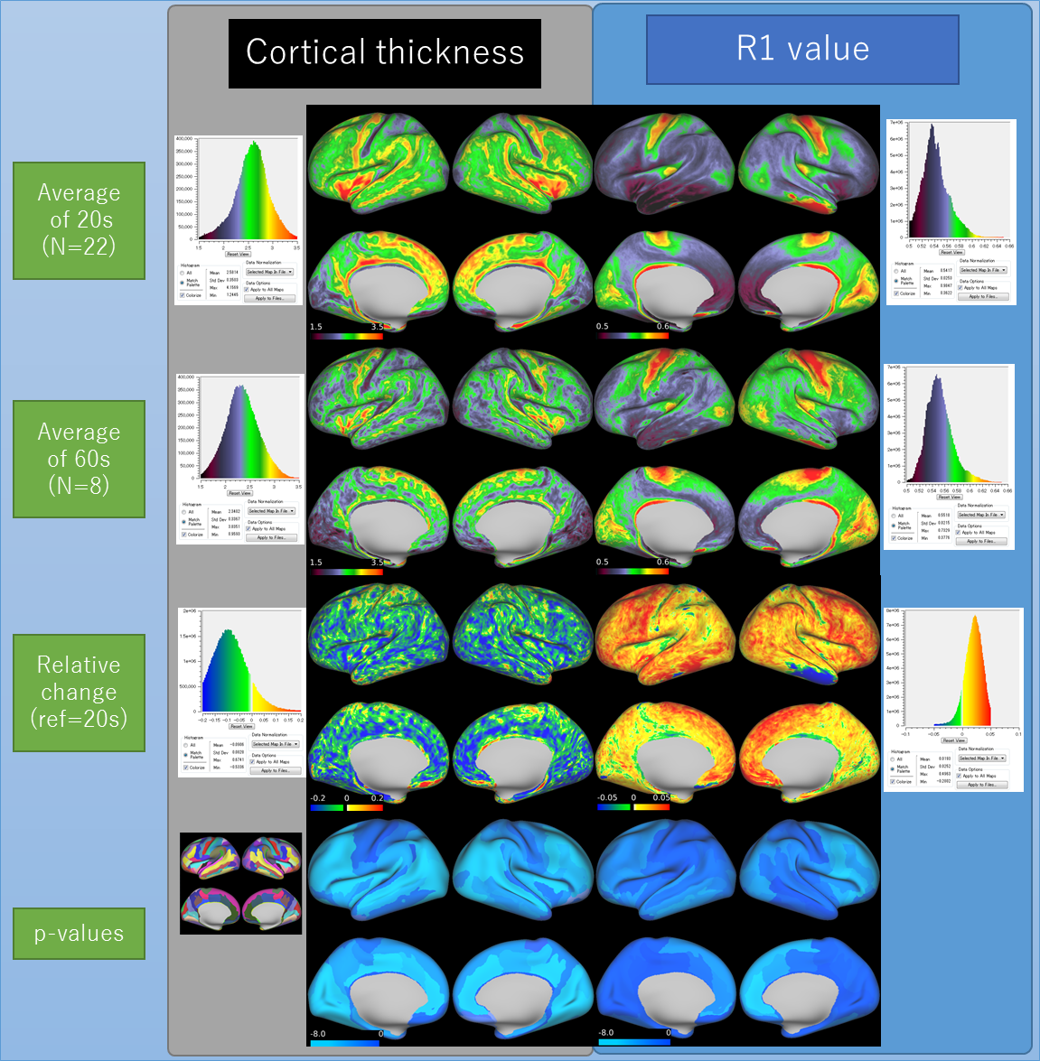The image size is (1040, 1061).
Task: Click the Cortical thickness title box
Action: click(x=384, y=52)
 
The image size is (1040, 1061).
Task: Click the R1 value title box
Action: click(x=802, y=49)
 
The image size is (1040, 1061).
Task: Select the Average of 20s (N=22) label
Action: click(x=79, y=219)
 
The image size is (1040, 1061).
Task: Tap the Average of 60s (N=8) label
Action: click(x=79, y=459)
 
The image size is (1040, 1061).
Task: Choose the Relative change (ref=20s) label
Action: click(x=79, y=692)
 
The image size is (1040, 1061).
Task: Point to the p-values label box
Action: click(x=79, y=934)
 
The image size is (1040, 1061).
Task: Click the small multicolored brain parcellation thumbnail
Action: click(x=240, y=882)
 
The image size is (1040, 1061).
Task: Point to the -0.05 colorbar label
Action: click(x=607, y=797)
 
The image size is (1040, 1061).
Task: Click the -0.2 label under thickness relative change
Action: click(x=318, y=798)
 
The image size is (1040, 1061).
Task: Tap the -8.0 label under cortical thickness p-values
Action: click(x=318, y=1034)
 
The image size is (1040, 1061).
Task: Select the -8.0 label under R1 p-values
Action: click(x=605, y=1033)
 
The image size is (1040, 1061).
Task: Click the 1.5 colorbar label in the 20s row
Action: click(x=315, y=327)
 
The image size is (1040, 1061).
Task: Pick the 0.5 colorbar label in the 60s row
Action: click(x=603, y=563)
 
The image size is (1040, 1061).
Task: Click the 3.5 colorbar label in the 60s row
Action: click(x=377, y=563)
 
